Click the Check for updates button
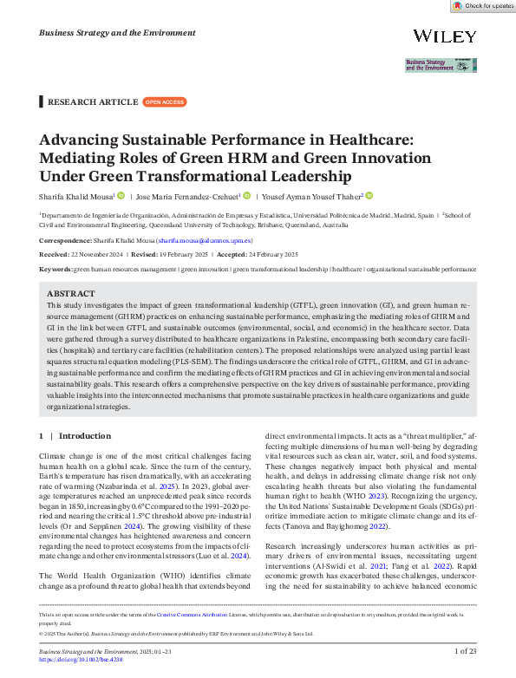tap(482, 5)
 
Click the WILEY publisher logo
tap(445, 36)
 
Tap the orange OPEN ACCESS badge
tap(164, 101)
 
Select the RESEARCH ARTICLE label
tap(92, 101)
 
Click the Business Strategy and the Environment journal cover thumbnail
tap(441, 65)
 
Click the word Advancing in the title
tap(75, 140)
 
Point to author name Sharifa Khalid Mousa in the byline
tap(76, 196)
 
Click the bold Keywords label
tap(56, 269)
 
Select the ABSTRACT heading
tap(71, 294)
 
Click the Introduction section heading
tap(85, 435)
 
